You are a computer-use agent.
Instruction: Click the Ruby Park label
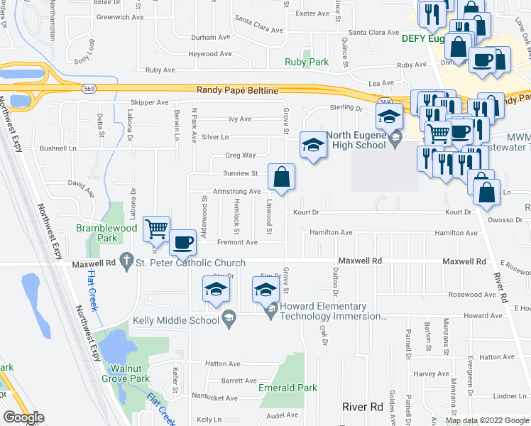(307, 62)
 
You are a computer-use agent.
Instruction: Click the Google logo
(23, 417)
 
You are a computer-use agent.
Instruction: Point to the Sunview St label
(240, 173)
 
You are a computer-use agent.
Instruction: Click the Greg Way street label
(240, 155)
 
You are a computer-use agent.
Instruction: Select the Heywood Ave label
(212, 54)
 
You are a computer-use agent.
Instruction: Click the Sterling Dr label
(346, 108)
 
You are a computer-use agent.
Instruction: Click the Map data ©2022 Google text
(486, 420)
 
